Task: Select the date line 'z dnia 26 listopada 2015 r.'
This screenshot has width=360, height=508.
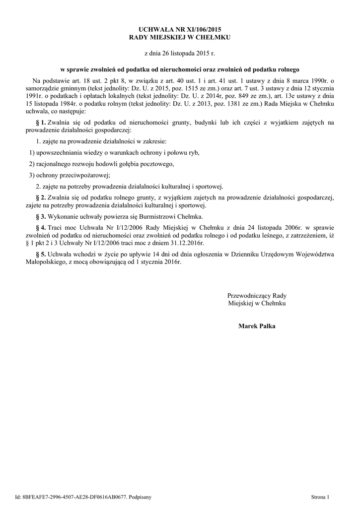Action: tap(180, 52)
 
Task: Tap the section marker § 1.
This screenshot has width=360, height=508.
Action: tap(41, 122)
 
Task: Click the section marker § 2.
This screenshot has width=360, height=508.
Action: tap(41, 197)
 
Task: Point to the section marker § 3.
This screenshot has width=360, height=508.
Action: tap(41, 216)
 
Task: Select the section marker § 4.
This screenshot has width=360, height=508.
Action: tap(41, 227)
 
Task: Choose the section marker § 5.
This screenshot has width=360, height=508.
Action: tap(41, 254)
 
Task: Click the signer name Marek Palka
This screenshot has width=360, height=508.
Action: tap(257, 326)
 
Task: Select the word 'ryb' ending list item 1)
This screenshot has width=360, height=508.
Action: tap(194, 153)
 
